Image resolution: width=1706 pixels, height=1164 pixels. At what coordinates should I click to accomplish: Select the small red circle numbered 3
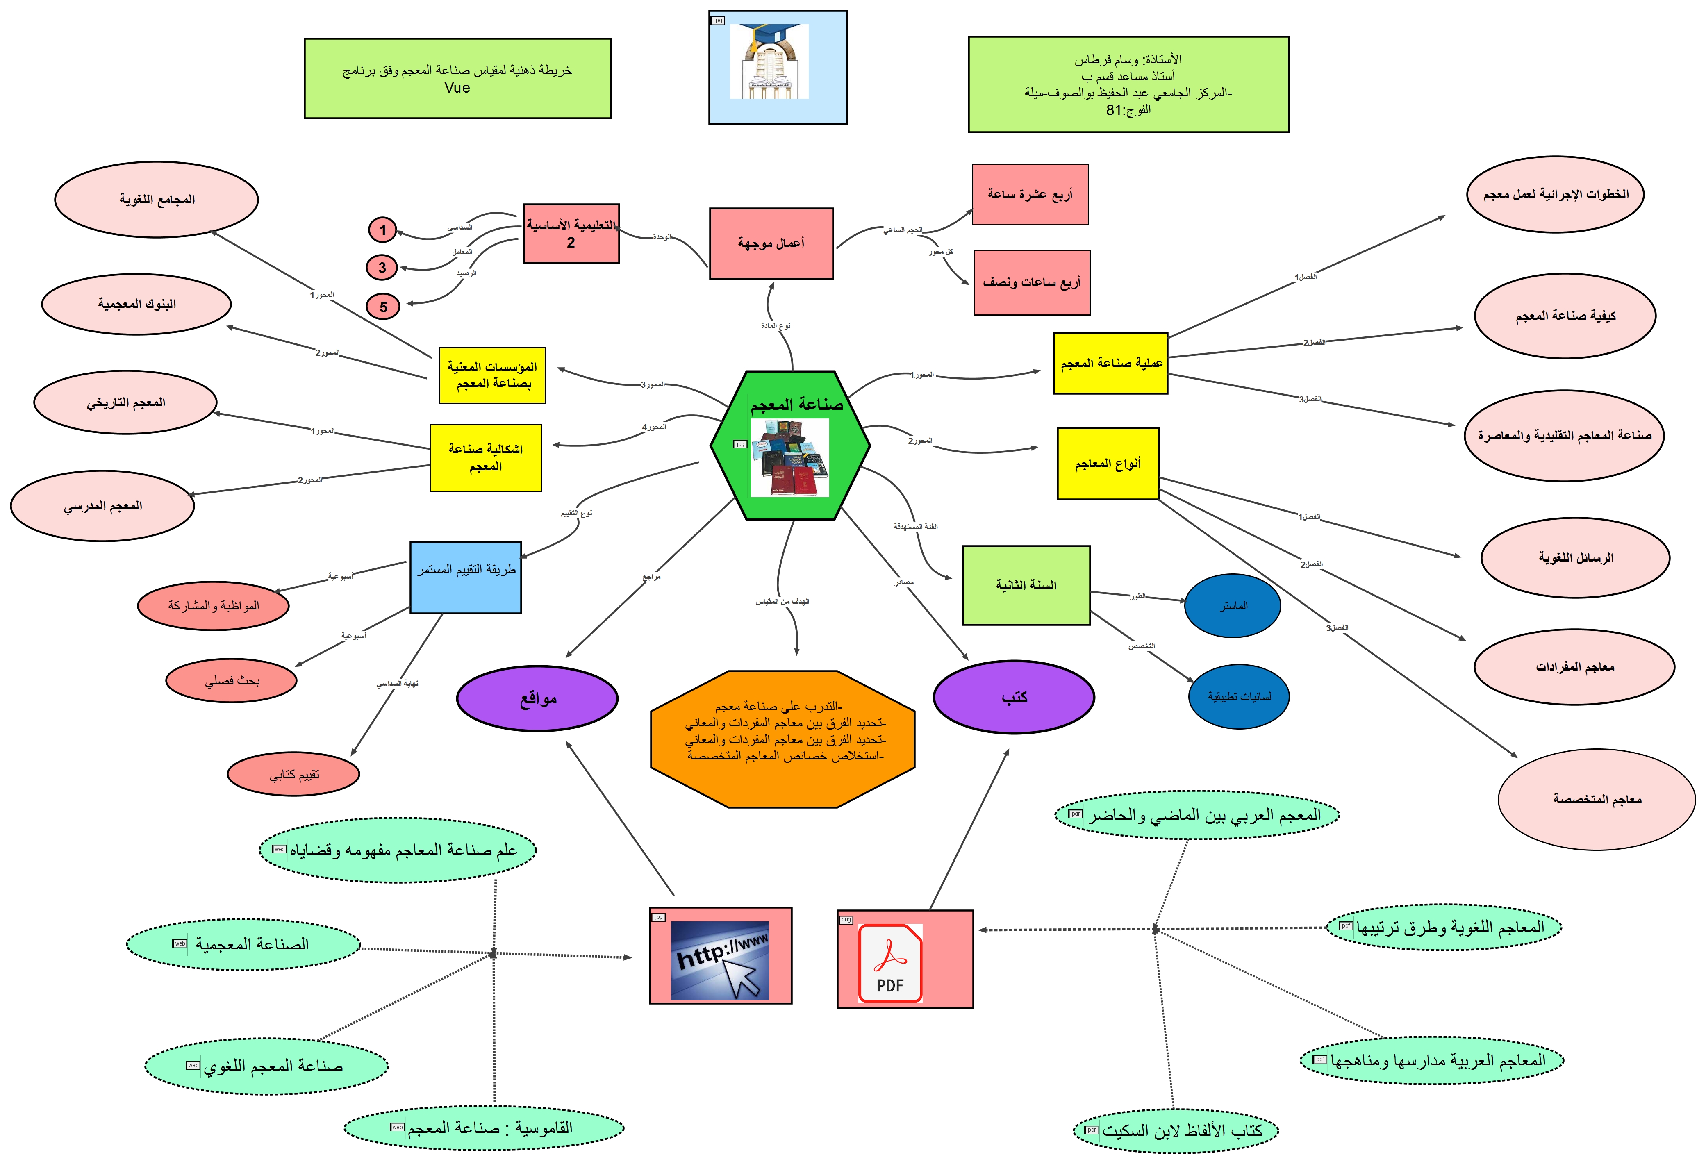pyautogui.click(x=382, y=267)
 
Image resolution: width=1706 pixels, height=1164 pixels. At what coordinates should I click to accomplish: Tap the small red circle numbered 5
pyautogui.click(x=383, y=306)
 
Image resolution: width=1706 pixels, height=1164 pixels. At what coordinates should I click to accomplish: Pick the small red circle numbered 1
pyautogui.click(x=382, y=230)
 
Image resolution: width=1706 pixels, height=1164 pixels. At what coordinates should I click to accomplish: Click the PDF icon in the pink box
pyautogui.click(x=890, y=962)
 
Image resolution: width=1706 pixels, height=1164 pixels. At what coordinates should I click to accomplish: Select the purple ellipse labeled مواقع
pyautogui.click(x=537, y=698)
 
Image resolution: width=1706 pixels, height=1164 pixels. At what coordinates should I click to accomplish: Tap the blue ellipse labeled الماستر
pyautogui.click(x=1233, y=605)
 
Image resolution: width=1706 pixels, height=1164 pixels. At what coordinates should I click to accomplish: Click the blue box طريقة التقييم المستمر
pyautogui.click(x=465, y=577)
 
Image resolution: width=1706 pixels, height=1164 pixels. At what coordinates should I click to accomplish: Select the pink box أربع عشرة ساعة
pyautogui.click(x=1030, y=195)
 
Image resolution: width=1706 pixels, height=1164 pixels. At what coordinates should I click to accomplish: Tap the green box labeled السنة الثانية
pyautogui.click(x=1026, y=585)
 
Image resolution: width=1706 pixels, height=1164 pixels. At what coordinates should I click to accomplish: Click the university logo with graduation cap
pyautogui.click(x=769, y=61)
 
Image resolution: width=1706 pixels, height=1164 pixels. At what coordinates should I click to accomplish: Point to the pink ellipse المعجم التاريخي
pyautogui.click(x=125, y=402)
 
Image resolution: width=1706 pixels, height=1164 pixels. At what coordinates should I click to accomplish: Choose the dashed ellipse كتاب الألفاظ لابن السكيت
pyautogui.click(x=1175, y=1130)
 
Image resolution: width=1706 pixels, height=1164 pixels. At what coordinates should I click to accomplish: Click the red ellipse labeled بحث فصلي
pyautogui.click(x=231, y=680)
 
